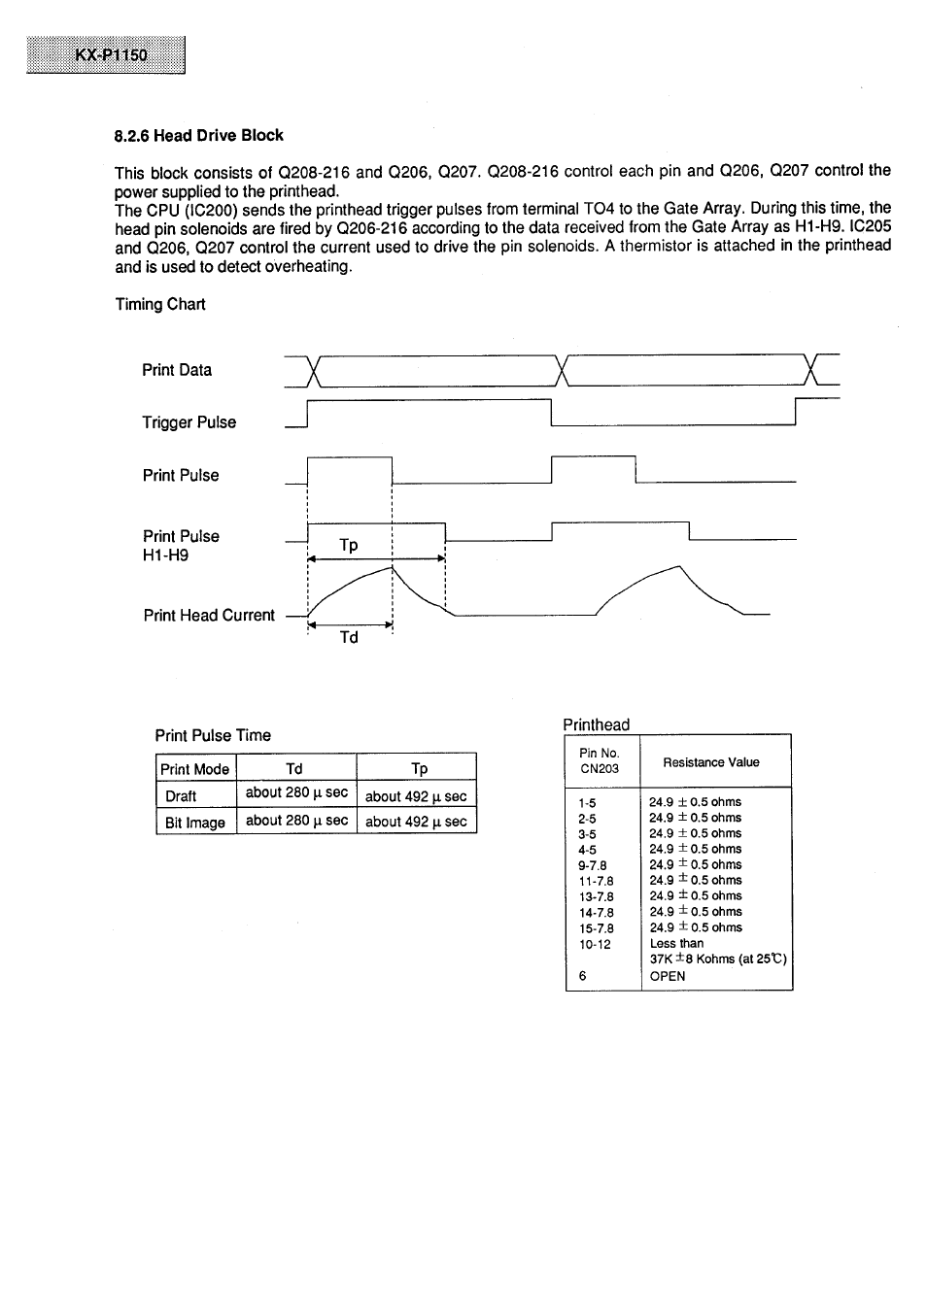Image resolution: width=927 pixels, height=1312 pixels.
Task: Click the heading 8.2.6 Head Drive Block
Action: [198, 136]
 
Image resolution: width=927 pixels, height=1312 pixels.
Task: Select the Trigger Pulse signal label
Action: [189, 422]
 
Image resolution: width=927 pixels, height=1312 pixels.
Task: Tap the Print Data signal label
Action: [176, 370]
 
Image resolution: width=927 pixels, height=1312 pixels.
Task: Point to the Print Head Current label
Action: [208, 616]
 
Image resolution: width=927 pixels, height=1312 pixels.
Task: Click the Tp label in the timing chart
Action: [349, 546]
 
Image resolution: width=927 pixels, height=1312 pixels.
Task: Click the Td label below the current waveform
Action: [349, 638]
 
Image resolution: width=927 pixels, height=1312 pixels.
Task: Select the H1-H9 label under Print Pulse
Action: [165, 556]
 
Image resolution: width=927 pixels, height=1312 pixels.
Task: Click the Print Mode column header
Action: [194, 769]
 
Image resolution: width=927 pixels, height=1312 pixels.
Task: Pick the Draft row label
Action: [181, 796]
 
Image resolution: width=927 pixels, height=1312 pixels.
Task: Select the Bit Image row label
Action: [194, 823]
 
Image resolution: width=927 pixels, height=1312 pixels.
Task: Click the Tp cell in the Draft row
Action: [416, 796]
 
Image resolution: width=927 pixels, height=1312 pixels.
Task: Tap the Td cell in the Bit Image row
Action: [296, 821]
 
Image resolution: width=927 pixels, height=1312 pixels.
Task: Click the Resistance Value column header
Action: [711, 762]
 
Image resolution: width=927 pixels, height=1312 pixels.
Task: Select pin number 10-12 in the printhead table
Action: [595, 944]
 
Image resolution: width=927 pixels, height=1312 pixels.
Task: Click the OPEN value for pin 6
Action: [668, 976]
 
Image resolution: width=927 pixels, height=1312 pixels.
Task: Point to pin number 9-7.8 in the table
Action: [592, 865]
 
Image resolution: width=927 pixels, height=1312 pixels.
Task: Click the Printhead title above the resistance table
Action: [596, 724]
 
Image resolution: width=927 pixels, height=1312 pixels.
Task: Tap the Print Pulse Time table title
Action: [213, 735]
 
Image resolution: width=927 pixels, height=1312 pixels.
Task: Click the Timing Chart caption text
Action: [160, 304]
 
